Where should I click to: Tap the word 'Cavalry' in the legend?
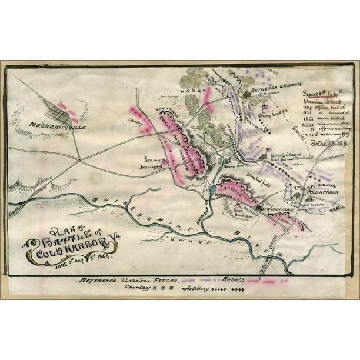(139, 288)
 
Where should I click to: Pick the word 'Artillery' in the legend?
(198, 289)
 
